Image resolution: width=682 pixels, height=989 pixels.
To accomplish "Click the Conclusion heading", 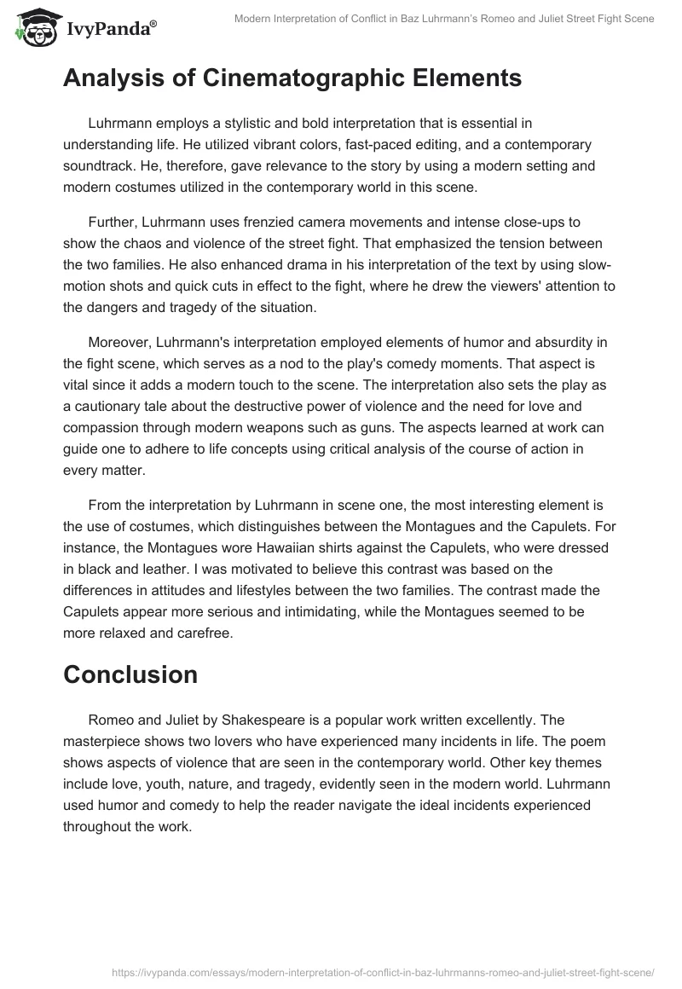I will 130,674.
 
